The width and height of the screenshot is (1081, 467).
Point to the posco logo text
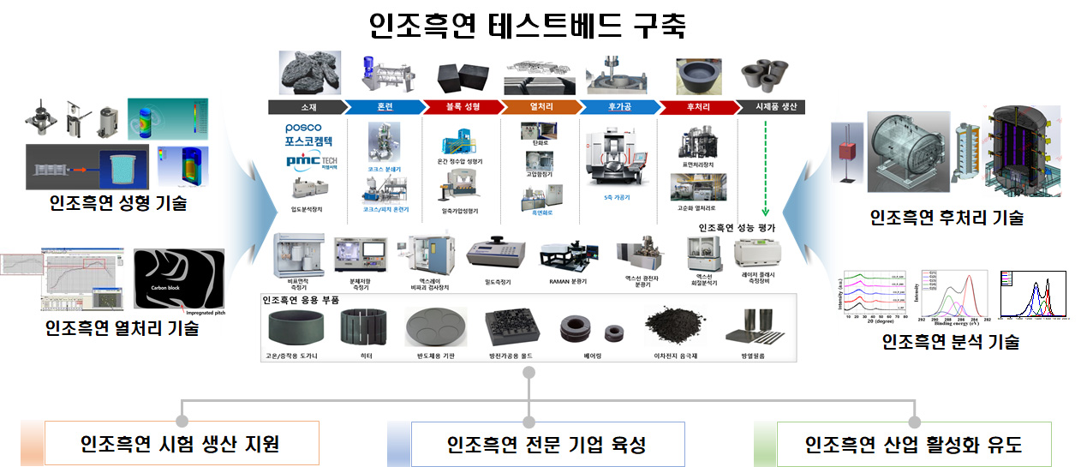click(303, 129)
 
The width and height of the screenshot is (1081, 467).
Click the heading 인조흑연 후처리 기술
click(946, 218)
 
